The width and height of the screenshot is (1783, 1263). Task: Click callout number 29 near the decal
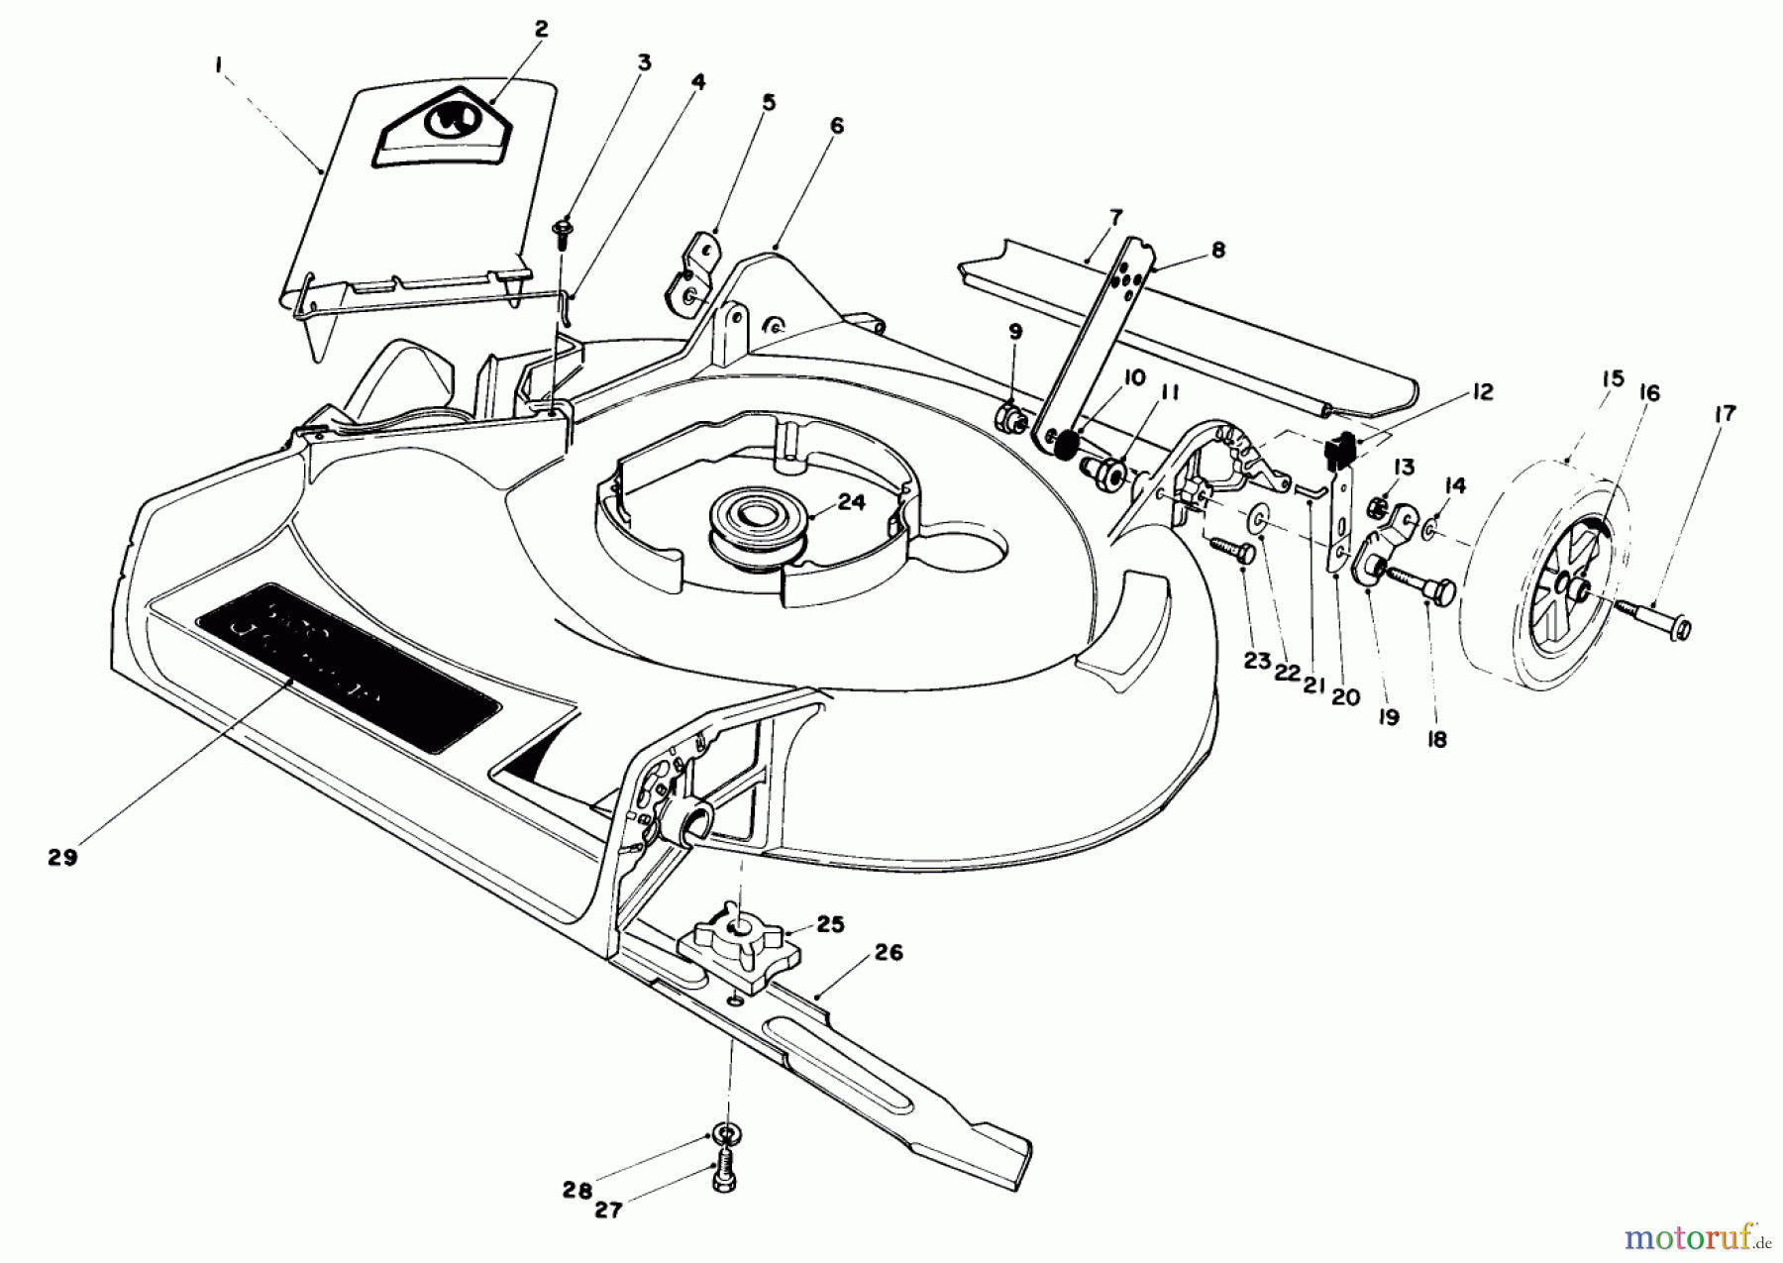(61, 858)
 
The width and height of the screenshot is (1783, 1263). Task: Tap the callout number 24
(851, 502)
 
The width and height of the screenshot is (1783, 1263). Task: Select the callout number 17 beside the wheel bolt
(1725, 414)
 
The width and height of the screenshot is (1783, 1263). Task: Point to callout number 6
(836, 126)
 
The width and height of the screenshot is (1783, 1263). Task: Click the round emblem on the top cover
(451, 121)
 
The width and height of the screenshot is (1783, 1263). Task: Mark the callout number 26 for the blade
(889, 953)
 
